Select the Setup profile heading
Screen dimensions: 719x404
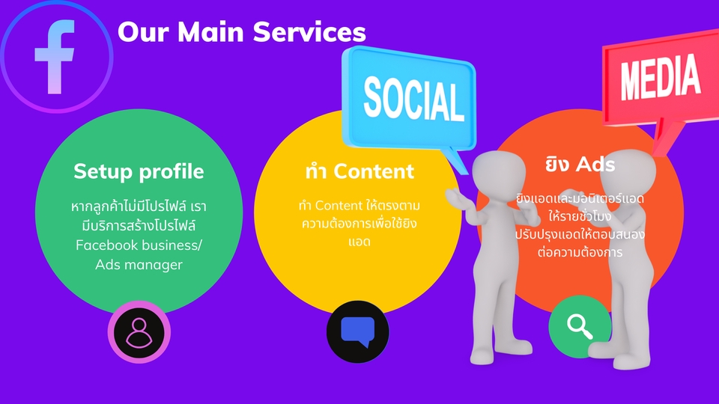click(139, 171)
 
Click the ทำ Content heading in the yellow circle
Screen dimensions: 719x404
click(359, 171)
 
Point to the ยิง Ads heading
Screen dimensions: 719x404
click(580, 164)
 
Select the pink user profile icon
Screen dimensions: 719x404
click(139, 331)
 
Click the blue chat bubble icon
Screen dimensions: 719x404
click(358, 331)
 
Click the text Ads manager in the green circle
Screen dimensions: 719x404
click(139, 264)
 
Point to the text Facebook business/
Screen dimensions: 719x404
click(139, 245)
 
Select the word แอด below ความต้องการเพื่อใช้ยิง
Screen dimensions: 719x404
click(359, 242)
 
